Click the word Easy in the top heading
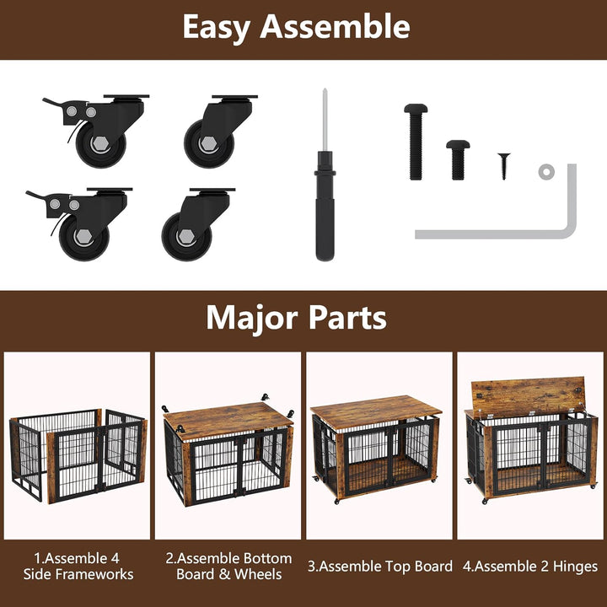pos(217,28)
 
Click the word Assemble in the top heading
pos(335,26)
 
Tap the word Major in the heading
pos(251,319)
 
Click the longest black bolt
pos(416,142)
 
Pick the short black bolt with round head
pos(458,160)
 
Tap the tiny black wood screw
pos(504,166)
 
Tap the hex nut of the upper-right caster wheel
pos(209,143)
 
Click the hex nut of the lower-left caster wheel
pos(83,237)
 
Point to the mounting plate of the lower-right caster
pos(212,190)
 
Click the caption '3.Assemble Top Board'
pos(379,566)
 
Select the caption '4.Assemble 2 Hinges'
pos(530,567)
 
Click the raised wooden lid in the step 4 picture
pos(528,397)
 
